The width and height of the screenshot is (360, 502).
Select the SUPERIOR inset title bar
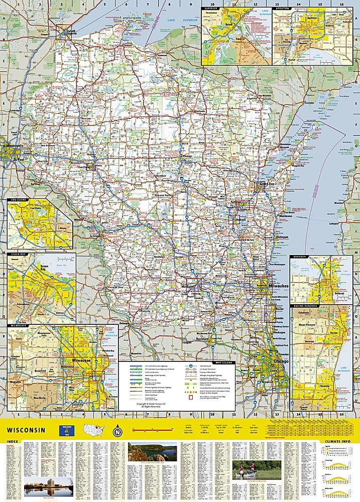(x=212, y=9)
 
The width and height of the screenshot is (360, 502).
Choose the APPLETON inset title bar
(x=284, y=9)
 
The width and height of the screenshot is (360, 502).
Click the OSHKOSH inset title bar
(x=300, y=258)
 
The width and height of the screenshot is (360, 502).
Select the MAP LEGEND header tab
(x=224, y=362)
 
